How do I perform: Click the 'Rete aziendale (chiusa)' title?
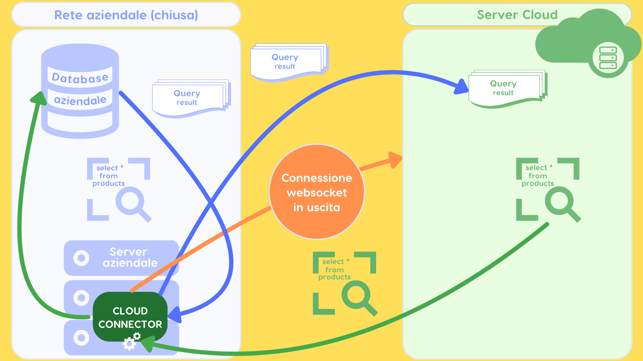(126, 15)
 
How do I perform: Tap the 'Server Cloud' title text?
(517, 15)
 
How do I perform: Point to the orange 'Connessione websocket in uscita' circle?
(316, 192)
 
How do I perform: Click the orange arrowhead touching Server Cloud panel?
(395, 159)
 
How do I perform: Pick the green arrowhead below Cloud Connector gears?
(148, 343)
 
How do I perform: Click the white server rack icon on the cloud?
(608, 58)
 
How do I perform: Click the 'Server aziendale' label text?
(129, 257)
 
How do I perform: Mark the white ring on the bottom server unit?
(81, 338)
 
